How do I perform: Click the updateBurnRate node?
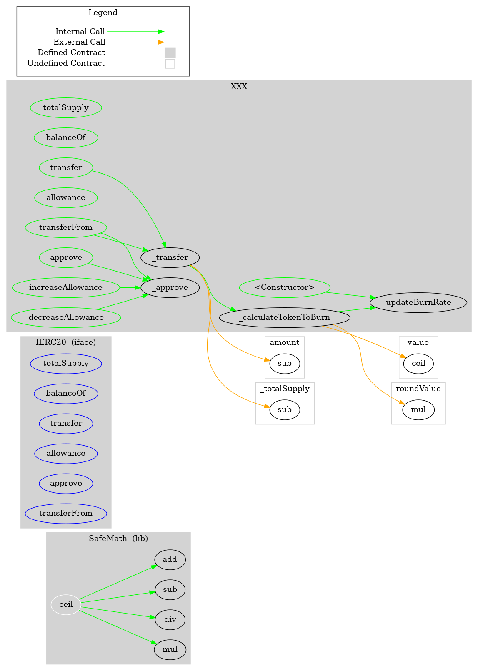point(418,302)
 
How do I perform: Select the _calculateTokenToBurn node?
point(284,317)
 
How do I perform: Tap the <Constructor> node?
point(285,287)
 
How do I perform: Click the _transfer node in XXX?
point(170,257)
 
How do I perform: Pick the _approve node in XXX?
point(170,287)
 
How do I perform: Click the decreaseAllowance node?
point(66,317)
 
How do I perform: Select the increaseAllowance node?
point(66,287)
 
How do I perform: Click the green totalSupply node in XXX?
point(66,107)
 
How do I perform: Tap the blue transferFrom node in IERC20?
point(66,513)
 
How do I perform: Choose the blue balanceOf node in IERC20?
point(66,393)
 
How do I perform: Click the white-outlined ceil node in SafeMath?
point(66,604)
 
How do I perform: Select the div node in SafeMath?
point(170,619)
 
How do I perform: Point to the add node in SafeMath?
point(170,559)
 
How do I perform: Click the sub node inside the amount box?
point(285,363)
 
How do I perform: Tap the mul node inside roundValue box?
point(418,409)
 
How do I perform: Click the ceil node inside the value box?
point(418,363)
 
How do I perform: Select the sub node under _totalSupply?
point(285,409)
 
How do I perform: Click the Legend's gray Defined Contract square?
point(170,53)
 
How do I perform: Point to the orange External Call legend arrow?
point(135,42)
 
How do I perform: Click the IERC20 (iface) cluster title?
point(66,342)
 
